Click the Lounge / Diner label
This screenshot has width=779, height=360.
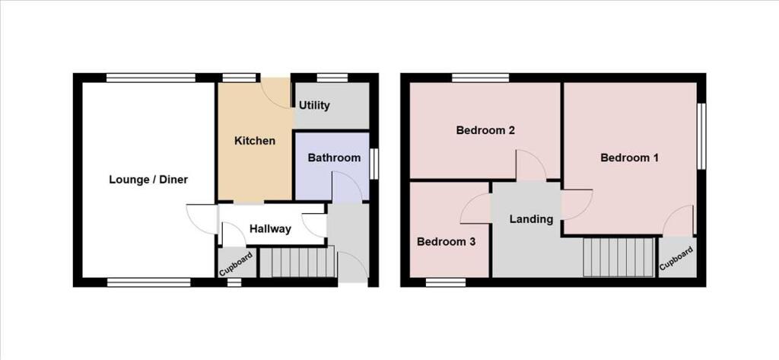[148, 180]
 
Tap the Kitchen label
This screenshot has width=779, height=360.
[254, 141]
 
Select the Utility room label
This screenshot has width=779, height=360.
[314, 105]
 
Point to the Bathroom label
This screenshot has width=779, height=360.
[333, 158]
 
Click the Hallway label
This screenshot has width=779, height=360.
[270, 229]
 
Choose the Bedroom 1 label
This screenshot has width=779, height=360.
[629, 158]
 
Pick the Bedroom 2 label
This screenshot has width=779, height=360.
[485, 130]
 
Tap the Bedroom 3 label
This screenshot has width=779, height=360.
[446, 242]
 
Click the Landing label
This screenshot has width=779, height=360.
[531, 219]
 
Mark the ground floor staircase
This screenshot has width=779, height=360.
[297, 263]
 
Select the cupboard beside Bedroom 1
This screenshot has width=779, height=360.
[676, 260]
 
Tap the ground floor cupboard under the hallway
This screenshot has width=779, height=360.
[235, 263]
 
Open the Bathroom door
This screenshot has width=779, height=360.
[345, 187]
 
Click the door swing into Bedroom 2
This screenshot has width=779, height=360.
[530, 165]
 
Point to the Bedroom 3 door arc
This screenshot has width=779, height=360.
[476, 208]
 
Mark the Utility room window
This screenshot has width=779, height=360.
[332, 77]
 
